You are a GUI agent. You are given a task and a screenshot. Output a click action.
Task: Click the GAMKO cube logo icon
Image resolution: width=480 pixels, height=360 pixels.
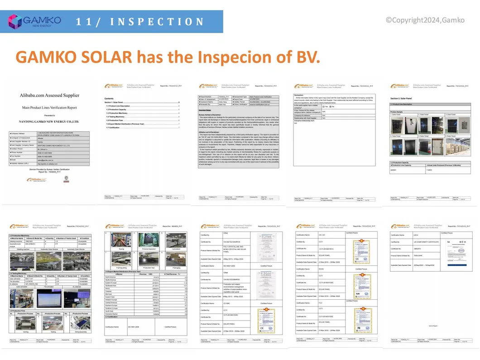(x=15, y=22)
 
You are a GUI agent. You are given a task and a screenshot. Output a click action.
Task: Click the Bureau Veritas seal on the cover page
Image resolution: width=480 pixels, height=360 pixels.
(x=67, y=178)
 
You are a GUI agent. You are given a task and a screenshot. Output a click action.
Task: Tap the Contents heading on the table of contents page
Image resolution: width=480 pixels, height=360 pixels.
(x=109, y=98)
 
